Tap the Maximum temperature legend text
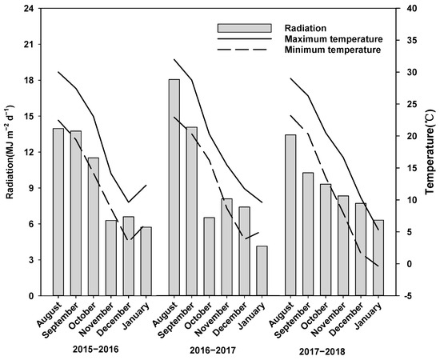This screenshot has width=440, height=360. tap(334, 38)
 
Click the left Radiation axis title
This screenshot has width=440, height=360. tap(9, 152)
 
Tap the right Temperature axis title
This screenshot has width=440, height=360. tap(430, 152)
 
